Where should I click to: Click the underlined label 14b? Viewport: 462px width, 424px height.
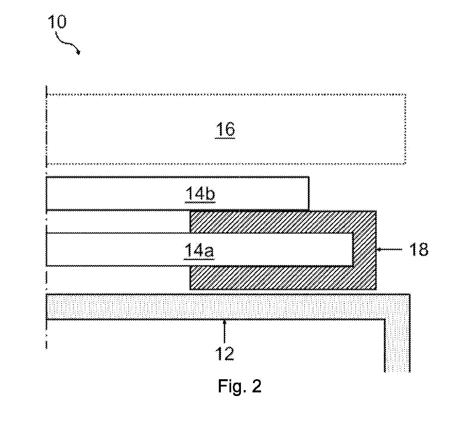[200, 194]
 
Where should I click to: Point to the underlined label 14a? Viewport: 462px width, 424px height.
[199, 251]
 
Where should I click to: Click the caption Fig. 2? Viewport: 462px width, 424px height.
[240, 386]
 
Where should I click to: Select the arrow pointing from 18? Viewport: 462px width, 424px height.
[389, 249]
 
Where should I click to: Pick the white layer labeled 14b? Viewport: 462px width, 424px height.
[177, 193]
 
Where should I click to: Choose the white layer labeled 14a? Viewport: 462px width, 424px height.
[199, 249]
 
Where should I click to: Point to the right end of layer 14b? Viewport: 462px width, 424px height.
[309, 193]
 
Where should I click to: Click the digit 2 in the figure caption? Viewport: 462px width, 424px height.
[256, 386]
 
